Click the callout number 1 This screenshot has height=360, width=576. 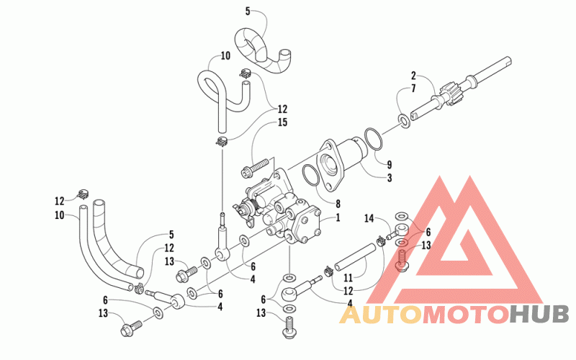click(338, 217)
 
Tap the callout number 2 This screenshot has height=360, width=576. click(413, 76)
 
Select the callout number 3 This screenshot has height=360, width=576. click(390, 178)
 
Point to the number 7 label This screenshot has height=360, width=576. click(413, 89)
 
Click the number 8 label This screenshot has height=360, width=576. click(338, 204)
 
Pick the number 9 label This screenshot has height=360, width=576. click(390, 165)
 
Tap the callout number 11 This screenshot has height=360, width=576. click(348, 278)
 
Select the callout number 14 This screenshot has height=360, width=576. click(369, 219)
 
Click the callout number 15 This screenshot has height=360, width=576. click(282, 122)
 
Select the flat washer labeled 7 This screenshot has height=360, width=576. click(404, 121)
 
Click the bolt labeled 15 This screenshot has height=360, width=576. click(258, 166)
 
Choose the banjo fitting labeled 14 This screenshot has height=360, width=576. click(398, 230)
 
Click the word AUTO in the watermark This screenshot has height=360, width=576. click(381, 315)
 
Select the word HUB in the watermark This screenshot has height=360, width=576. click(539, 315)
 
